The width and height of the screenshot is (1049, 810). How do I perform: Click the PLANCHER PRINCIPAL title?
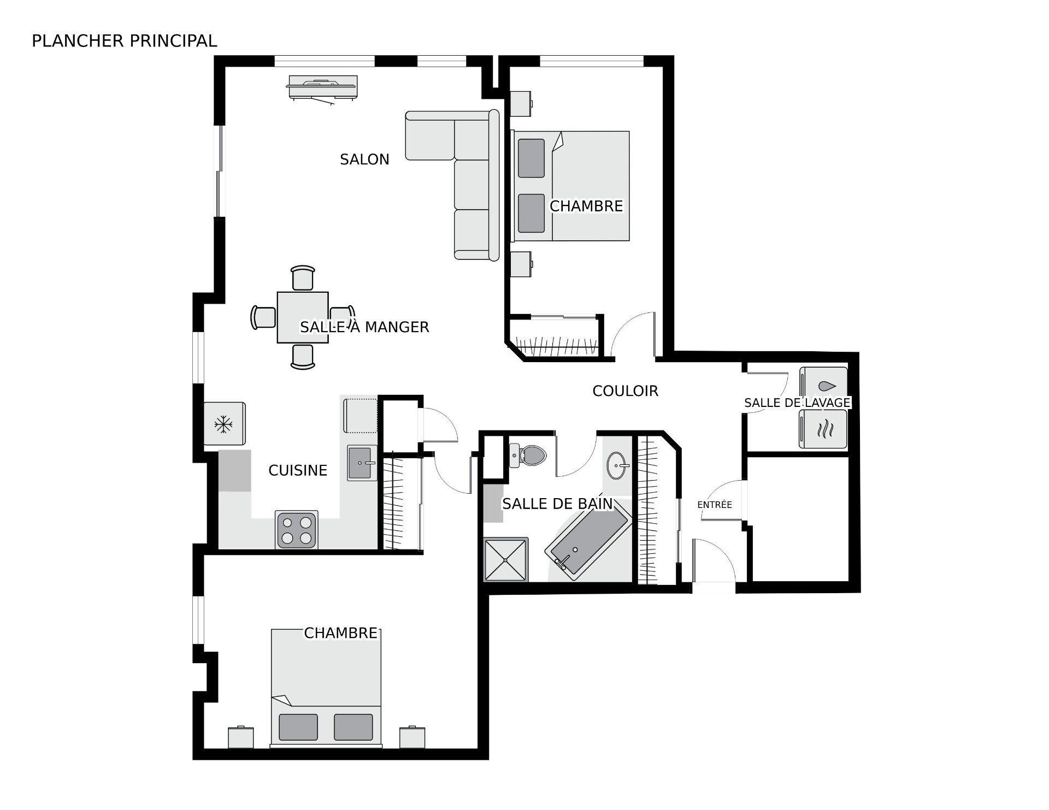tap(125, 41)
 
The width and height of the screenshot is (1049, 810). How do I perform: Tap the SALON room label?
tap(364, 159)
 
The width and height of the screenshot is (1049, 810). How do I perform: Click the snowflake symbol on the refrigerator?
tap(223, 424)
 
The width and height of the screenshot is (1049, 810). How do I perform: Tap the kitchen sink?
tap(362, 463)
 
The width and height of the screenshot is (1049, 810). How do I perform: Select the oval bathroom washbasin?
tap(618, 466)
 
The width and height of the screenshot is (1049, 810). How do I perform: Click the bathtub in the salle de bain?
tap(588, 539)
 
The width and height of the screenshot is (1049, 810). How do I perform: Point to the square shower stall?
tap(506, 559)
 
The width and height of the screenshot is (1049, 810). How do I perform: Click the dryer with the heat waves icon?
tap(823, 429)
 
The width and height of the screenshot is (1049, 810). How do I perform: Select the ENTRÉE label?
tap(715, 505)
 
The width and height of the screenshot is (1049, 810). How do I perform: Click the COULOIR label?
tap(626, 391)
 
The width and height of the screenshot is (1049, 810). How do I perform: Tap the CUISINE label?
tap(298, 470)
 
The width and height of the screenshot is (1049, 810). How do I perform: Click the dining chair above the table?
tap(303, 277)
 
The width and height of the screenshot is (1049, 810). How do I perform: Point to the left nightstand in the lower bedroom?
tap(241, 737)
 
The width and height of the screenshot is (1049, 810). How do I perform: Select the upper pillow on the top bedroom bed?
tap(531, 158)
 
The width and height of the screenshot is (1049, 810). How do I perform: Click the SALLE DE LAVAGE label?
tap(797, 403)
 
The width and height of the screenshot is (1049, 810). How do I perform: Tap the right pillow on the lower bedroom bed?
tap(353, 727)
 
